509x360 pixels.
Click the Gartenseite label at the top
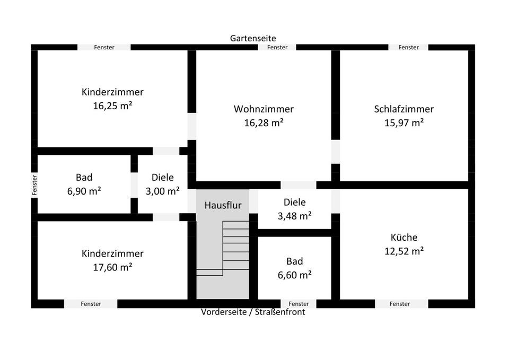(253, 38)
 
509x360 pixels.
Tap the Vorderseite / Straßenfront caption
(253, 312)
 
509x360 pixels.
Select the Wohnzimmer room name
(264, 109)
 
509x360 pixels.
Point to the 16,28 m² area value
(264, 123)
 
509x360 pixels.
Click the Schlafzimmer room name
(403, 109)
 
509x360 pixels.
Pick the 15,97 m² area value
(403, 123)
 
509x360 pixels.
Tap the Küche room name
(403, 238)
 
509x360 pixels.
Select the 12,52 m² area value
(403, 251)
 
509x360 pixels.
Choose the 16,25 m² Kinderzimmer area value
(112, 106)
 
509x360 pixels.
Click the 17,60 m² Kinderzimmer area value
(112, 267)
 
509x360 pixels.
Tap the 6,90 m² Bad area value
(84, 191)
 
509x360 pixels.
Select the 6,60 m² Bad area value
(294, 275)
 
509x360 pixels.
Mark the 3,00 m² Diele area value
(162, 191)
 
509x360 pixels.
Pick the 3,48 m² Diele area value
(294, 216)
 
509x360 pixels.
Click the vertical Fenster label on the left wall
(34, 185)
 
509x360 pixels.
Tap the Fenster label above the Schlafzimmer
(408, 47)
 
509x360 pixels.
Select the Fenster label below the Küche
(399, 304)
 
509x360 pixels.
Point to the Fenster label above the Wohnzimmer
(277, 47)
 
